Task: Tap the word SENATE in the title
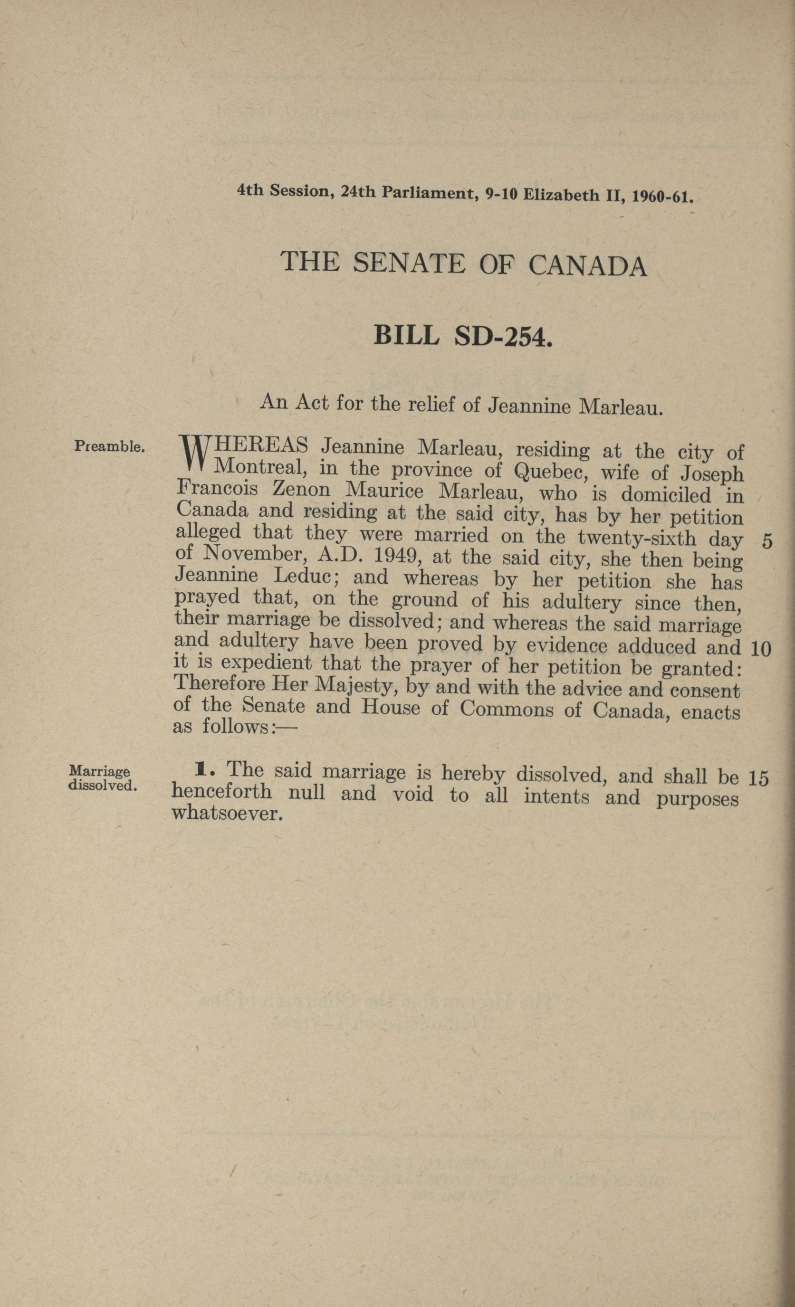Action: point(408,263)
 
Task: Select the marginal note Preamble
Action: point(109,446)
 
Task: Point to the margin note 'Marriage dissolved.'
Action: point(103,777)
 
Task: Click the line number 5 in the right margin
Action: point(766,541)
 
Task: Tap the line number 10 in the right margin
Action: point(761,649)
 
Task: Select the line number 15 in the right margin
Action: point(758,777)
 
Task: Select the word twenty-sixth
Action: point(636,538)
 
